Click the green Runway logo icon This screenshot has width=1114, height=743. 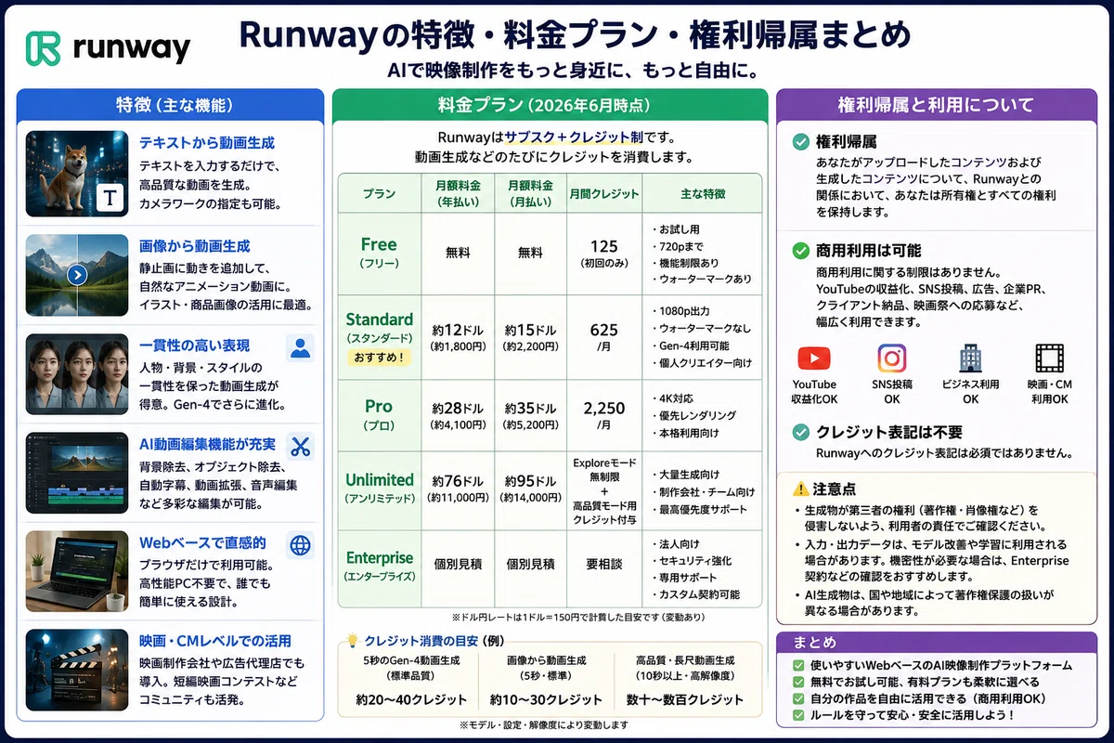44,48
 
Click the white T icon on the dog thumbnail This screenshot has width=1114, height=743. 110,198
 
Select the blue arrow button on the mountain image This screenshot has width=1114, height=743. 77,275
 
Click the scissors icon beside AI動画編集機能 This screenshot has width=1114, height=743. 301,447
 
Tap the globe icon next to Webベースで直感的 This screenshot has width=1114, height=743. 301,545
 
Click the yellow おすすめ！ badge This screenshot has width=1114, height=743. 379,358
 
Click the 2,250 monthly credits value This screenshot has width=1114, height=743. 603,408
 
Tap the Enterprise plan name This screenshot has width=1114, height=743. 380,558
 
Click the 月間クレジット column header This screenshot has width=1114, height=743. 603,193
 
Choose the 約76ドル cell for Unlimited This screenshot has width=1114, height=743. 458,481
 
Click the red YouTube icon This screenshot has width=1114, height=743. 814,358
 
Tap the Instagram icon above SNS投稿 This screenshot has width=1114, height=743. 892,358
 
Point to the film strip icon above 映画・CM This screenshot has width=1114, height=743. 1049,358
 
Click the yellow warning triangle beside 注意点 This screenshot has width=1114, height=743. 800,489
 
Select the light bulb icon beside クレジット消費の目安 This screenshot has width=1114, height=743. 353,640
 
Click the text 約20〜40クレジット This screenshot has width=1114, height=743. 411,699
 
